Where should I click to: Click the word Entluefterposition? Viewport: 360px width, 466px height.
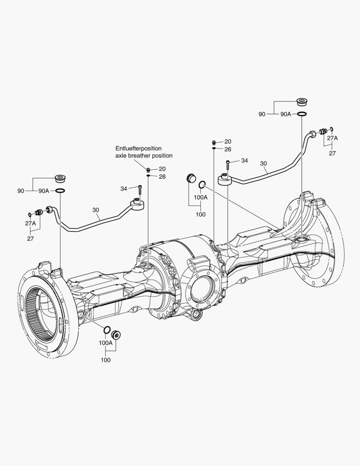pos(138,148)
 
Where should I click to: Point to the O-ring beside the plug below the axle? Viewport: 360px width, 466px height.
pos(106,331)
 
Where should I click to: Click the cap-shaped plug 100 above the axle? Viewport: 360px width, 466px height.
pos(190,179)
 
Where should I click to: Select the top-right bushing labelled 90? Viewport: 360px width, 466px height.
pos(302,103)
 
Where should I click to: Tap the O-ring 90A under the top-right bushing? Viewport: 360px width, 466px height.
pos(302,114)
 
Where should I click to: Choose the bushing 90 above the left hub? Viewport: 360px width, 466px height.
pos(59,179)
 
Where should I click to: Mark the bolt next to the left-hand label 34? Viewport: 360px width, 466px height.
pos(140,190)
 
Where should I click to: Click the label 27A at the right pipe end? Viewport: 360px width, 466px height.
pos(332,138)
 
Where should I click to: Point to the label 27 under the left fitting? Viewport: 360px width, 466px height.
pos(31,238)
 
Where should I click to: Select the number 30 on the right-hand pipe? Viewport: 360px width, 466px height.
pos(263,164)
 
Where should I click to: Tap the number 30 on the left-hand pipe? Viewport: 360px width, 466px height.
pos(96,210)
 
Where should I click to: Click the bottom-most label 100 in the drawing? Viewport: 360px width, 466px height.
pos(106,360)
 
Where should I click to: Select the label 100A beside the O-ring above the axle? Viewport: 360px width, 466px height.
pos(200,197)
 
